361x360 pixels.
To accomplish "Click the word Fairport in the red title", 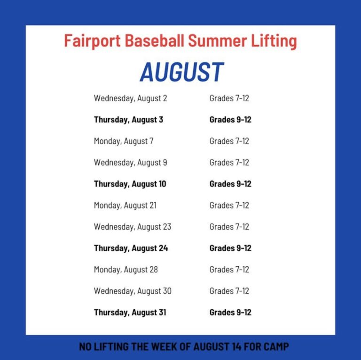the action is [92, 41].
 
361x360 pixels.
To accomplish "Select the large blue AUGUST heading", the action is [182, 72].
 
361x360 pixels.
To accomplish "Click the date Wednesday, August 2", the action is [130, 98].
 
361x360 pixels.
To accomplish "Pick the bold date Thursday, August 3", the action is [128, 120].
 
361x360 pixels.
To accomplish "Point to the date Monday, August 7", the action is [124, 141].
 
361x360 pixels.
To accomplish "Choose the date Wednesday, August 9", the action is [130, 163].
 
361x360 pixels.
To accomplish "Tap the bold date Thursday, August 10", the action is [130, 184].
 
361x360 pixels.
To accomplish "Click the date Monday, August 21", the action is [125, 205].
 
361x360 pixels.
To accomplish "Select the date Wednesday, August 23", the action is [133, 227].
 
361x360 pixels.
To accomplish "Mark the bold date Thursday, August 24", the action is [131, 248].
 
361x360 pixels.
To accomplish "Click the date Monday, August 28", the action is [126, 270].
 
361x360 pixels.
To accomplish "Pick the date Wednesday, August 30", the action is [133, 291].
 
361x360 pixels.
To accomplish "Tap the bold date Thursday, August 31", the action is [130, 312].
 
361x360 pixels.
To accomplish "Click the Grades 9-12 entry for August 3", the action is [230, 120].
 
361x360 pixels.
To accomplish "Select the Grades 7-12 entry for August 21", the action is [229, 205].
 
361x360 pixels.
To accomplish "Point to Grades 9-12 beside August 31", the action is [230, 312].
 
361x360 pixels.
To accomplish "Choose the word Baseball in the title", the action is [155, 41].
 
